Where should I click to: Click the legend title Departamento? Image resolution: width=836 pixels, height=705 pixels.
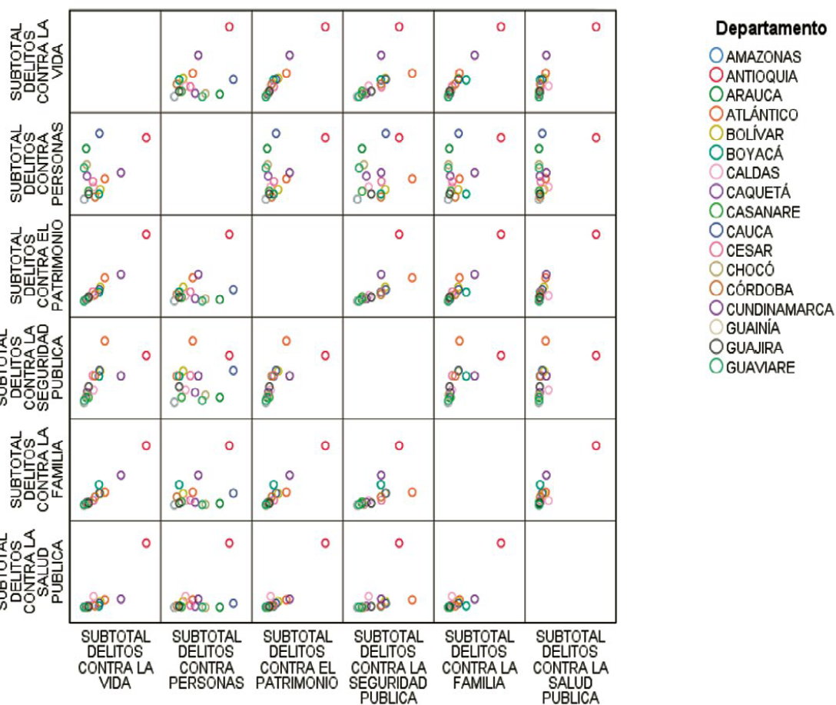(x=771, y=28)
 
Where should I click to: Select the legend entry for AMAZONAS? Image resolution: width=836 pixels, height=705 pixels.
(x=763, y=57)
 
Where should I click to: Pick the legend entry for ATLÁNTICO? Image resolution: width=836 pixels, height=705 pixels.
(x=761, y=115)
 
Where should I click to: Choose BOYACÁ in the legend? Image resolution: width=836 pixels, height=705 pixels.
(x=755, y=154)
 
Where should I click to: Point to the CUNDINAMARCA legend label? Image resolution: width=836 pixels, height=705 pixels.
(x=779, y=309)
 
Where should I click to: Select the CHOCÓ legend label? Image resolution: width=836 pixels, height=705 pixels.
(x=750, y=270)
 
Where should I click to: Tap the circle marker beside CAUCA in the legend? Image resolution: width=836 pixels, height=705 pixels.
(x=716, y=231)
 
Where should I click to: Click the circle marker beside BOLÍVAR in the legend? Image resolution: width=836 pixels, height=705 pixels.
(x=716, y=135)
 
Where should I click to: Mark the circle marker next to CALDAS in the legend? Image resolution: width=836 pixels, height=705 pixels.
(x=716, y=173)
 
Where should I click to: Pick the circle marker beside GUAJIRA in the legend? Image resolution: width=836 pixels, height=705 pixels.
(x=716, y=348)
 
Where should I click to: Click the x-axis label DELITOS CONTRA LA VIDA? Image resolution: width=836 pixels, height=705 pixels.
(x=114, y=660)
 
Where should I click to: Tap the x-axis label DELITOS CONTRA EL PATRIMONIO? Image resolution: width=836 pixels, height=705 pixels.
(x=297, y=660)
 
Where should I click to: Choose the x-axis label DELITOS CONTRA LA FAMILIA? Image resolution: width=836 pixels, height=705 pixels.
(x=479, y=660)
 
